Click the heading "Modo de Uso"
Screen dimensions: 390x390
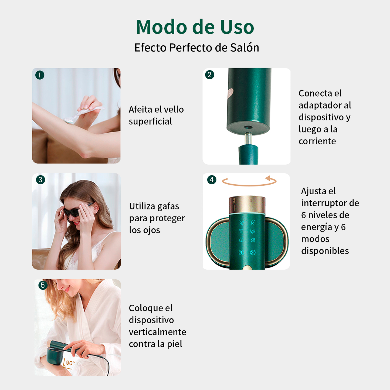pos(195,27)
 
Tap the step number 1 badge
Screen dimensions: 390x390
pos(40,75)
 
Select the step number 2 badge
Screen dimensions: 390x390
pos(209,75)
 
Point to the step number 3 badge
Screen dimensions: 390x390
pos(40,180)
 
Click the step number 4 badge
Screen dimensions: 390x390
pos(212,180)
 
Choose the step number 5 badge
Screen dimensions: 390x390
pos(43,285)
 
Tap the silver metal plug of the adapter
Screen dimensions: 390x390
pos(248,138)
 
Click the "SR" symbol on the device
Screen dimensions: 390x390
pos(253,240)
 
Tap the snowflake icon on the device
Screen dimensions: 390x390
pos(253,252)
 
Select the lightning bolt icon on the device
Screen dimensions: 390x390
pos(241,252)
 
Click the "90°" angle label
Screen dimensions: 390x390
pos(70,363)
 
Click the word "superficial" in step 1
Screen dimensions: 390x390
pos(150,121)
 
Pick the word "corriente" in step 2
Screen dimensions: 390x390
pos(317,141)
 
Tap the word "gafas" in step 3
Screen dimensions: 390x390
pos(168,206)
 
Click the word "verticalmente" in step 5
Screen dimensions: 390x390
pos(157,332)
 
